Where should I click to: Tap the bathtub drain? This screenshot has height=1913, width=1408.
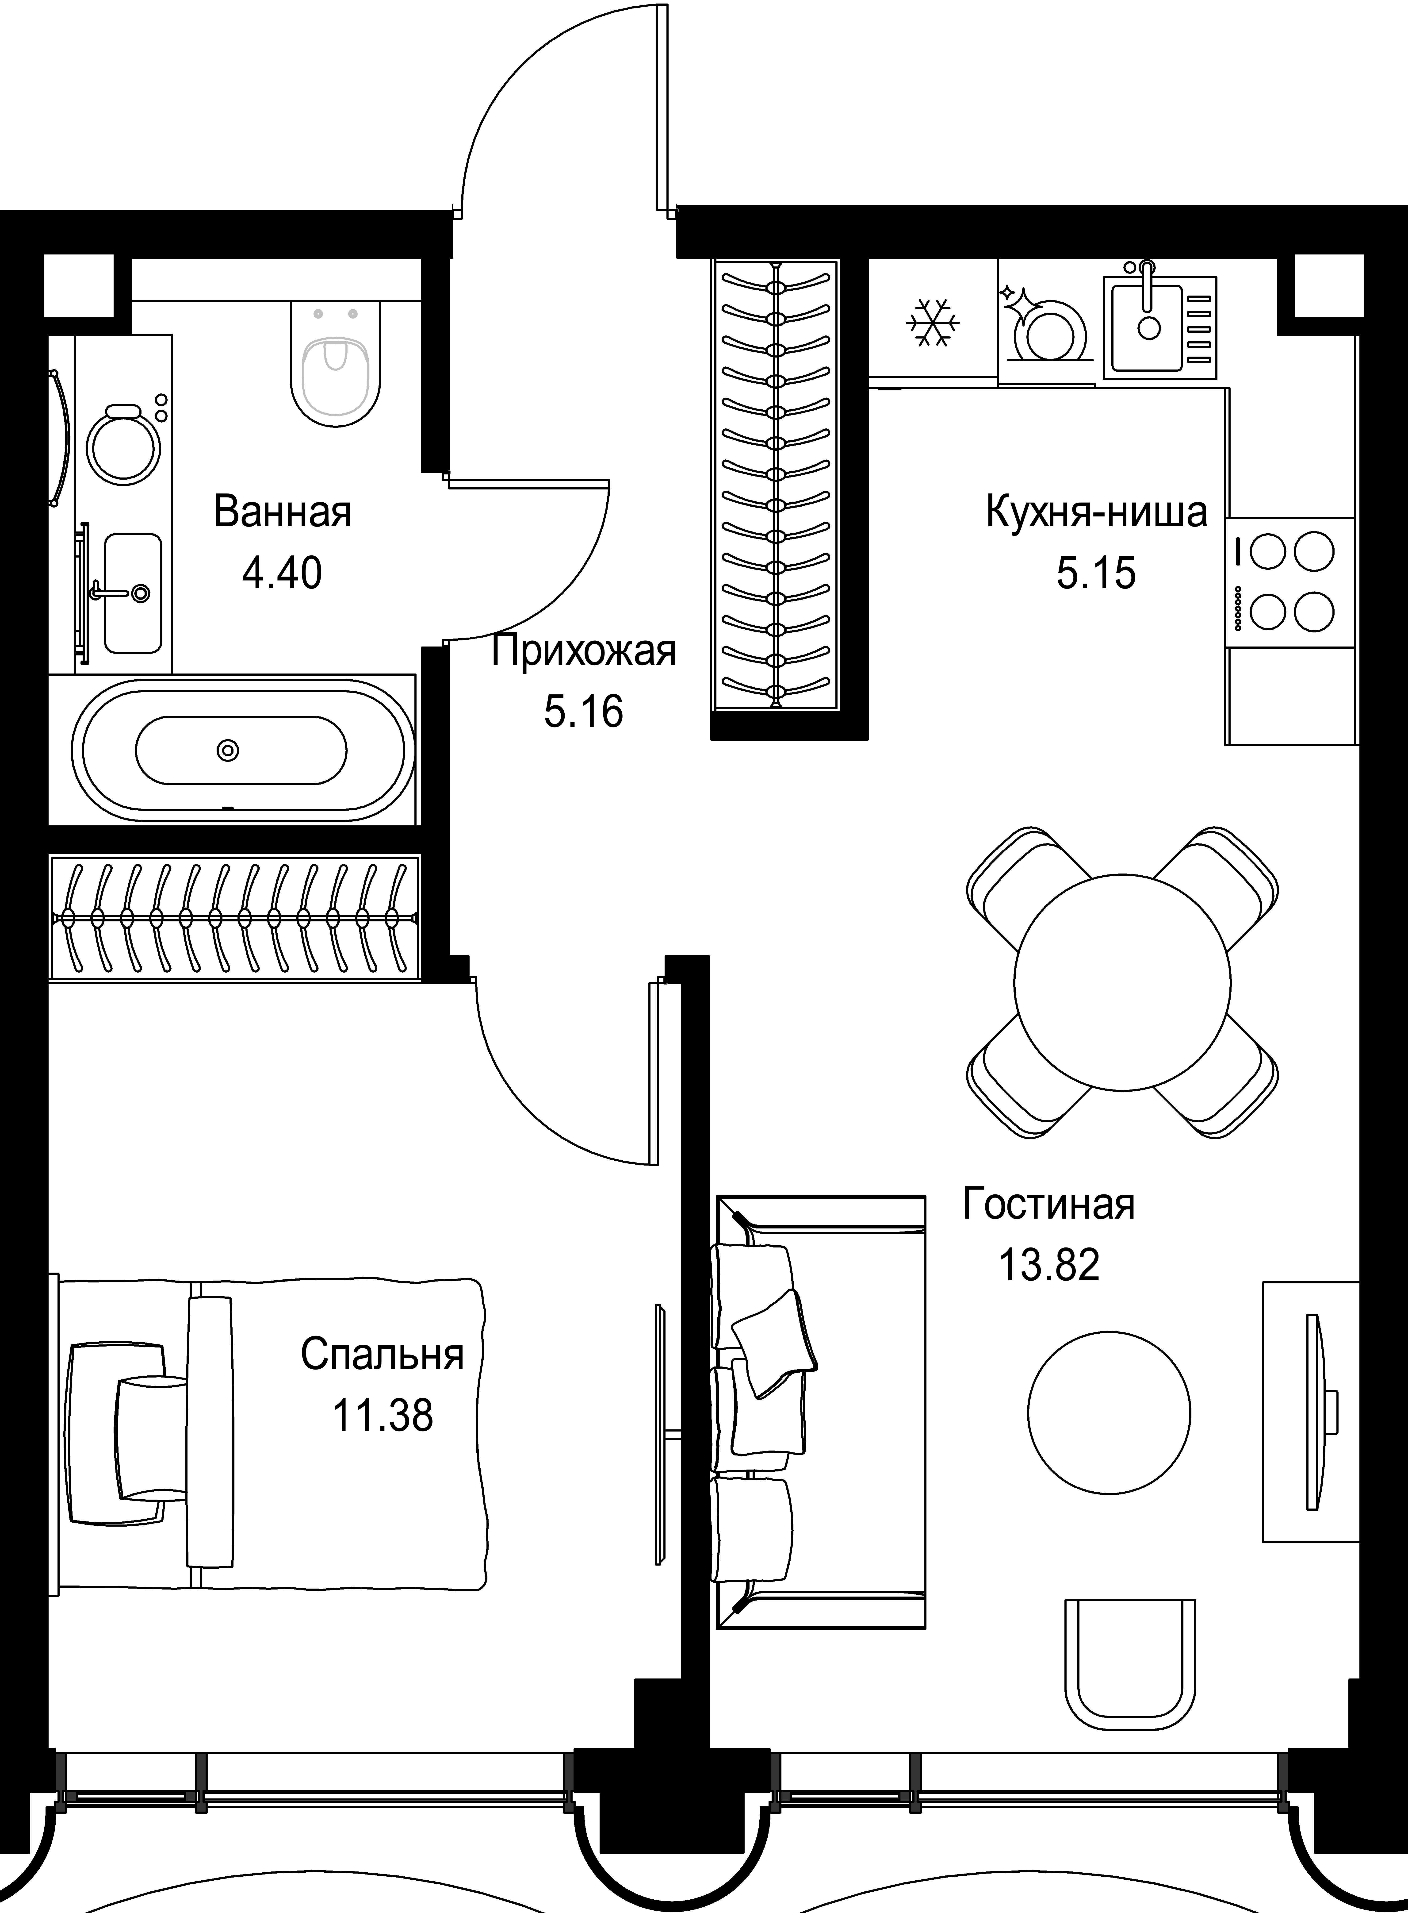click(228, 750)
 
